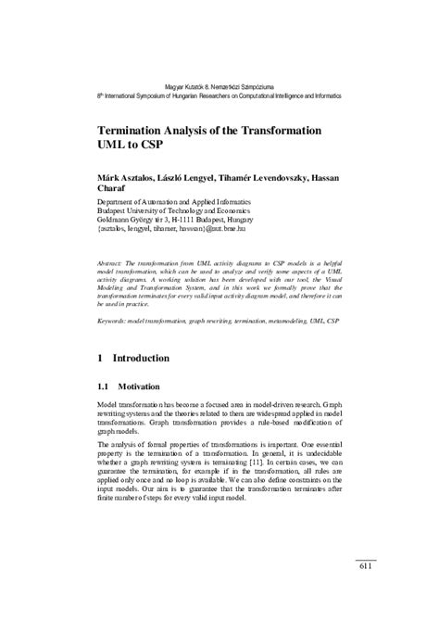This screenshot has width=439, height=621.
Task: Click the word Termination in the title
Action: [140, 132]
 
